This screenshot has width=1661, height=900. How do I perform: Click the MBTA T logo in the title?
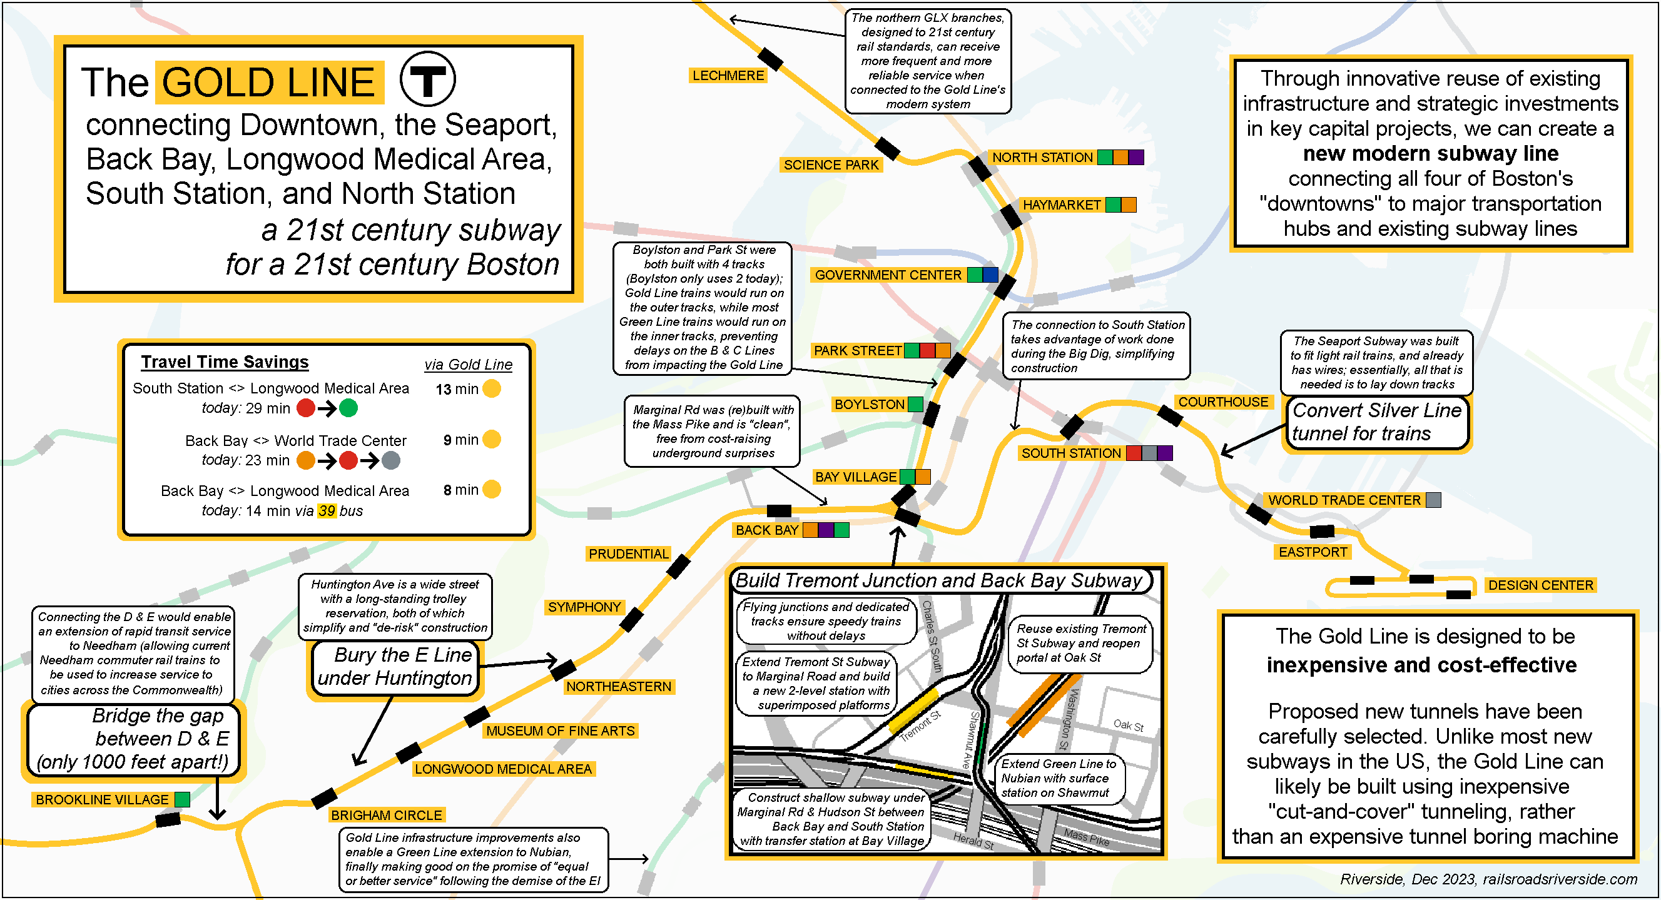coord(427,80)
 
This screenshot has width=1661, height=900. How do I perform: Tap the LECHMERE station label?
coord(728,76)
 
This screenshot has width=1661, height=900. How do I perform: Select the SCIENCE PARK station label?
coord(831,165)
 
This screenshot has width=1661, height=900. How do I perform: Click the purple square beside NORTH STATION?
coord(1136,158)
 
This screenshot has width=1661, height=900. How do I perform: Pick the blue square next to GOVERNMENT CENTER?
coord(990,275)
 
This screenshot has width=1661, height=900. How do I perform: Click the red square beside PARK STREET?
coord(927,351)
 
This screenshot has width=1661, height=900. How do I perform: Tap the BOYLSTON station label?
coord(869,405)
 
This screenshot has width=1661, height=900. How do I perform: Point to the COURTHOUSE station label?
coord(1222,402)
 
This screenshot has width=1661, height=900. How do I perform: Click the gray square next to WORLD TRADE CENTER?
coord(1433,500)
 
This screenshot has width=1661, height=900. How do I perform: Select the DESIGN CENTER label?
coord(1540,585)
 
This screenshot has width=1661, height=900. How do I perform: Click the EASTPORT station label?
coord(1313,552)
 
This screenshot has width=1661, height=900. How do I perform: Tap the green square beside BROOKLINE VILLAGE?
coord(183,800)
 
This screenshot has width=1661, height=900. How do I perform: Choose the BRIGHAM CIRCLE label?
coord(386,816)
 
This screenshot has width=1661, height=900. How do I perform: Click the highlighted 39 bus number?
coord(327,511)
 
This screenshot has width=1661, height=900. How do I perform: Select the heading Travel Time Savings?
coord(225,362)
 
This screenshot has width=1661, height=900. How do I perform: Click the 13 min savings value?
coord(457,390)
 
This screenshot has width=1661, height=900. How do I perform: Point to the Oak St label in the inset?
coord(1129,725)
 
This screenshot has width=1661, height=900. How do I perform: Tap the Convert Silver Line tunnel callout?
coord(1376,422)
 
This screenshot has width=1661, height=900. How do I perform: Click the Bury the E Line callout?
coord(395,667)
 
